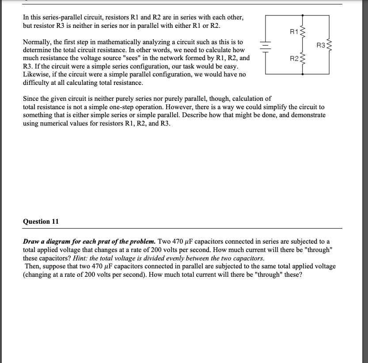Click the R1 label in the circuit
pyautogui.click(x=293, y=31)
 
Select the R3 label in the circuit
pyautogui.click(x=321, y=45)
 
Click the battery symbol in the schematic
pyautogui.click(x=266, y=45)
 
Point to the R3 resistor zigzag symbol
pyautogui.click(x=329, y=45)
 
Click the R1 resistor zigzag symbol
pyautogui.click(x=302, y=31)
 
